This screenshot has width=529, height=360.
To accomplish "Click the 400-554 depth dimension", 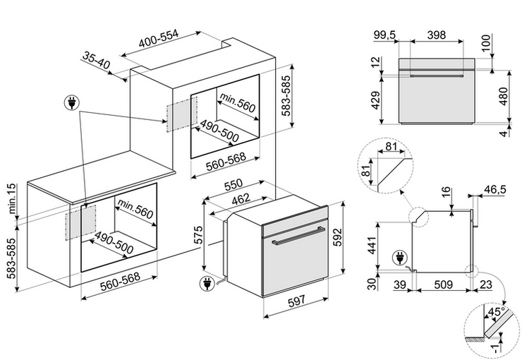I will click(159, 42).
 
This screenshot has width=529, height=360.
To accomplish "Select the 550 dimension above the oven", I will click(233, 185).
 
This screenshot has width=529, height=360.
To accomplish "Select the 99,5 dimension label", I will click(384, 35).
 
